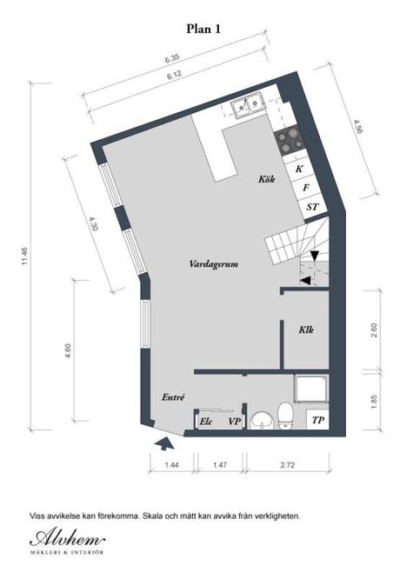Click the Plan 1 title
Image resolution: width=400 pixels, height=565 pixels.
(x=203, y=29)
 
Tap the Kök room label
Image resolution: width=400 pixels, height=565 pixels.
(x=267, y=179)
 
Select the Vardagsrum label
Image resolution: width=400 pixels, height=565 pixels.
(x=214, y=264)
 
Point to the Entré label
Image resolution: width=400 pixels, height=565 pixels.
(x=173, y=397)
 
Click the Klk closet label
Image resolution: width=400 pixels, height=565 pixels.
(x=306, y=329)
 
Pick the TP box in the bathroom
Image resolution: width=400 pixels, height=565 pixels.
(x=318, y=420)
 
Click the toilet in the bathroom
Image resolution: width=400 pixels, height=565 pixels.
(x=286, y=415)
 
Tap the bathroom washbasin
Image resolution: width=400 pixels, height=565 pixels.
(x=262, y=420)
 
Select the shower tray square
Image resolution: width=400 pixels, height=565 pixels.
(x=311, y=389)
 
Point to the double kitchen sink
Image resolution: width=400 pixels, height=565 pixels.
(x=248, y=105)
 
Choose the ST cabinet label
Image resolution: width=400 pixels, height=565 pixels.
(x=312, y=207)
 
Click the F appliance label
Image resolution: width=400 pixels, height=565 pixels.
(x=306, y=188)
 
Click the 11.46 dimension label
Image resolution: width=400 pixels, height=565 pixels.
(x=24, y=256)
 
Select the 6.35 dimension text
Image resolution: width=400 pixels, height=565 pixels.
(x=172, y=59)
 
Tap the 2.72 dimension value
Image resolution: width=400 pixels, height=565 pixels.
(x=288, y=465)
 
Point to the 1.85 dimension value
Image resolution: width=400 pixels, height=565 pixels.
(x=373, y=402)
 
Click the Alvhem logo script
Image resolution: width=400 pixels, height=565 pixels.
(x=67, y=539)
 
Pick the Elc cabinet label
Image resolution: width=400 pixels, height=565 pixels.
(x=206, y=422)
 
